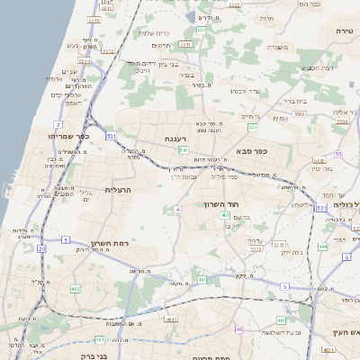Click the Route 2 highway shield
(58, 124)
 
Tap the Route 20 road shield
(41, 247)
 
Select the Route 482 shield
(75, 288)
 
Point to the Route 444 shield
(323, 246)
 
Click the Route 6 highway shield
(346, 256)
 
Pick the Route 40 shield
(239, 329)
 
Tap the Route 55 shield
(337, 155)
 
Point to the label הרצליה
(118, 190)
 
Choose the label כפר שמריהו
(66, 136)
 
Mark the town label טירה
(345, 31)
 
